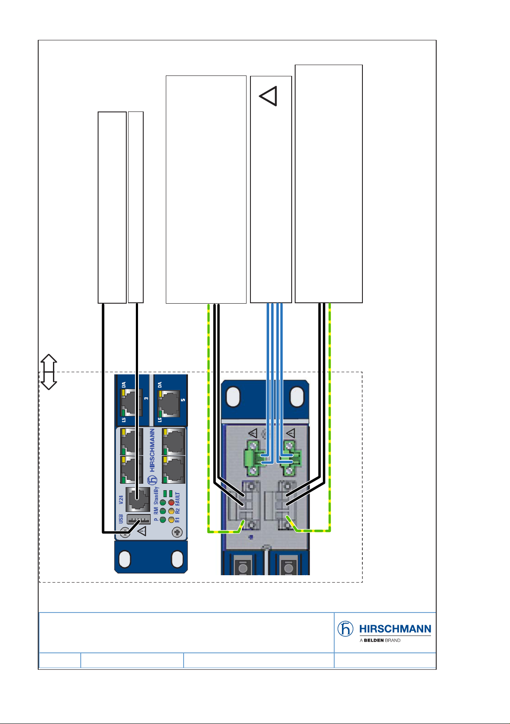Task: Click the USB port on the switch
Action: [x=138, y=519]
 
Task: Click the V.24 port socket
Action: [x=138, y=499]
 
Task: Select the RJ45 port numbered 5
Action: [x=168, y=404]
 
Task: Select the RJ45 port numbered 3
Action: [x=132, y=403]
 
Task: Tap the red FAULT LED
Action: [x=171, y=503]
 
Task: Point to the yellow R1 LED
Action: [x=171, y=520]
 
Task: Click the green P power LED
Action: [x=163, y=520]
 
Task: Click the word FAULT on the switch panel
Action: [x=177, y=499]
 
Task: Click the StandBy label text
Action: [x=156, y=495]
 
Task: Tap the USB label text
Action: [x=121, y=519]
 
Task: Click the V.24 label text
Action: [x=121, y=500]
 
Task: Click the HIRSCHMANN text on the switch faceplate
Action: [x=152, y=450]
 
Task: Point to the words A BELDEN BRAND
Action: [x=380, y=640]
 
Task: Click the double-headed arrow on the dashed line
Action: [x=49, y=372]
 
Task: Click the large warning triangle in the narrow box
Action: [x=268, y=96]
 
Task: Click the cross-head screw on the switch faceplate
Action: [x=177, y=532]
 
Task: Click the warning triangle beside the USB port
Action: [x=142, y=531]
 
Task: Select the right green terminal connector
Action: [x=292, y=459]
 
